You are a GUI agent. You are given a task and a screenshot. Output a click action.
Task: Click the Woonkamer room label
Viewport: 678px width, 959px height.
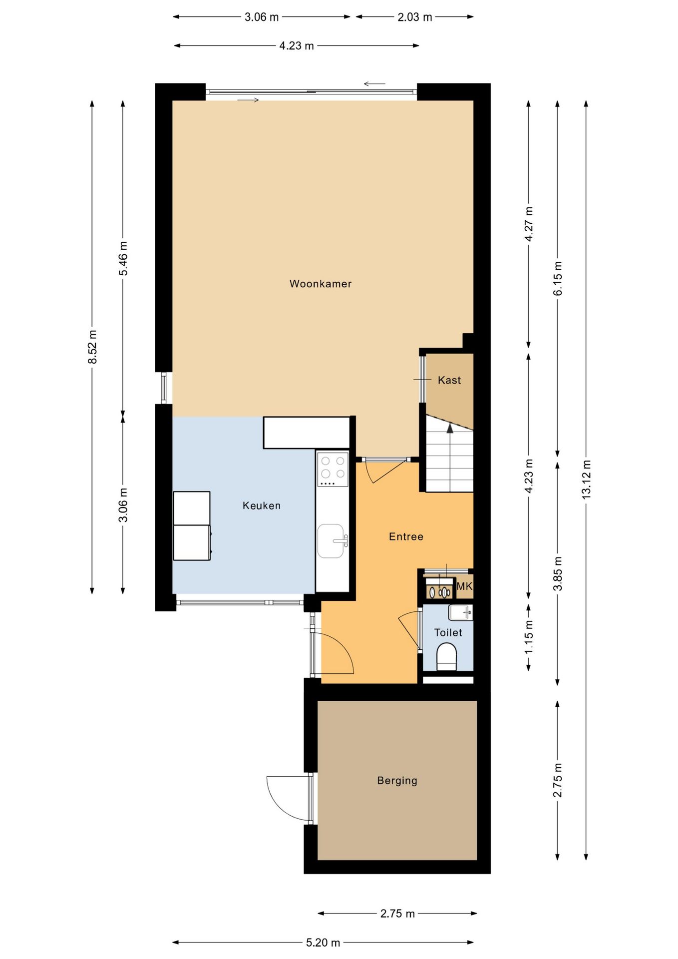(x=321, y=284)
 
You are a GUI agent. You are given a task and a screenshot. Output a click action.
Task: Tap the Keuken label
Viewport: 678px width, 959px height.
(x=262, y=505)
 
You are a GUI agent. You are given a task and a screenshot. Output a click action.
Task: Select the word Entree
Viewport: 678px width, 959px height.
(x=406, y=536)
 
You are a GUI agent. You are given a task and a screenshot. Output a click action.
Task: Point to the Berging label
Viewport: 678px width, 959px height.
(x=397, y=781)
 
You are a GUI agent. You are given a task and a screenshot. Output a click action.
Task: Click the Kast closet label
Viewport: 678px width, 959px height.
(x=449, y=380)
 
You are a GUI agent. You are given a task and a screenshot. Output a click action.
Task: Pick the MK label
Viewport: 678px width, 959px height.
(x=464, y=586)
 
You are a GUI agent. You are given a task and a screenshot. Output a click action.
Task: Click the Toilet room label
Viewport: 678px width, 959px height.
(x=448, y=632)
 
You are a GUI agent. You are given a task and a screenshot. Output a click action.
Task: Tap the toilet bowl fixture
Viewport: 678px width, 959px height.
(x=447, y=656)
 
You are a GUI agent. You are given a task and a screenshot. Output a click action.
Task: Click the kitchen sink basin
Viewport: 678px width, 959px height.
(x=331, y=541)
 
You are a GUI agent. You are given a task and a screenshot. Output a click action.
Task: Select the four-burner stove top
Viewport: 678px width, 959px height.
(x=333, y=469)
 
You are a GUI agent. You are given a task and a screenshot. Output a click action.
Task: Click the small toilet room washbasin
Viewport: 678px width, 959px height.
(x=460, y=612)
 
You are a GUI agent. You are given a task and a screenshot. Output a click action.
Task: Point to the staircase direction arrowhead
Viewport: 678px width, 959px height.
(x=450, y=428)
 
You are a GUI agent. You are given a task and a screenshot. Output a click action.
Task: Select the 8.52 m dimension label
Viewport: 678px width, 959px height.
(x=92, y=347)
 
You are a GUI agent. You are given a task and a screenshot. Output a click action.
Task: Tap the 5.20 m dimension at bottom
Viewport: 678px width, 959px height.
(x=323, y=943)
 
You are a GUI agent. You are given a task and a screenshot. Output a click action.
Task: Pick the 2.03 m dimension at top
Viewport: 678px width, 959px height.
(x=415, y=17)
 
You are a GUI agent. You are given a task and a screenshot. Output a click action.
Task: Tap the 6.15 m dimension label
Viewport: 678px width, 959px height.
(x=558, y=278)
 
